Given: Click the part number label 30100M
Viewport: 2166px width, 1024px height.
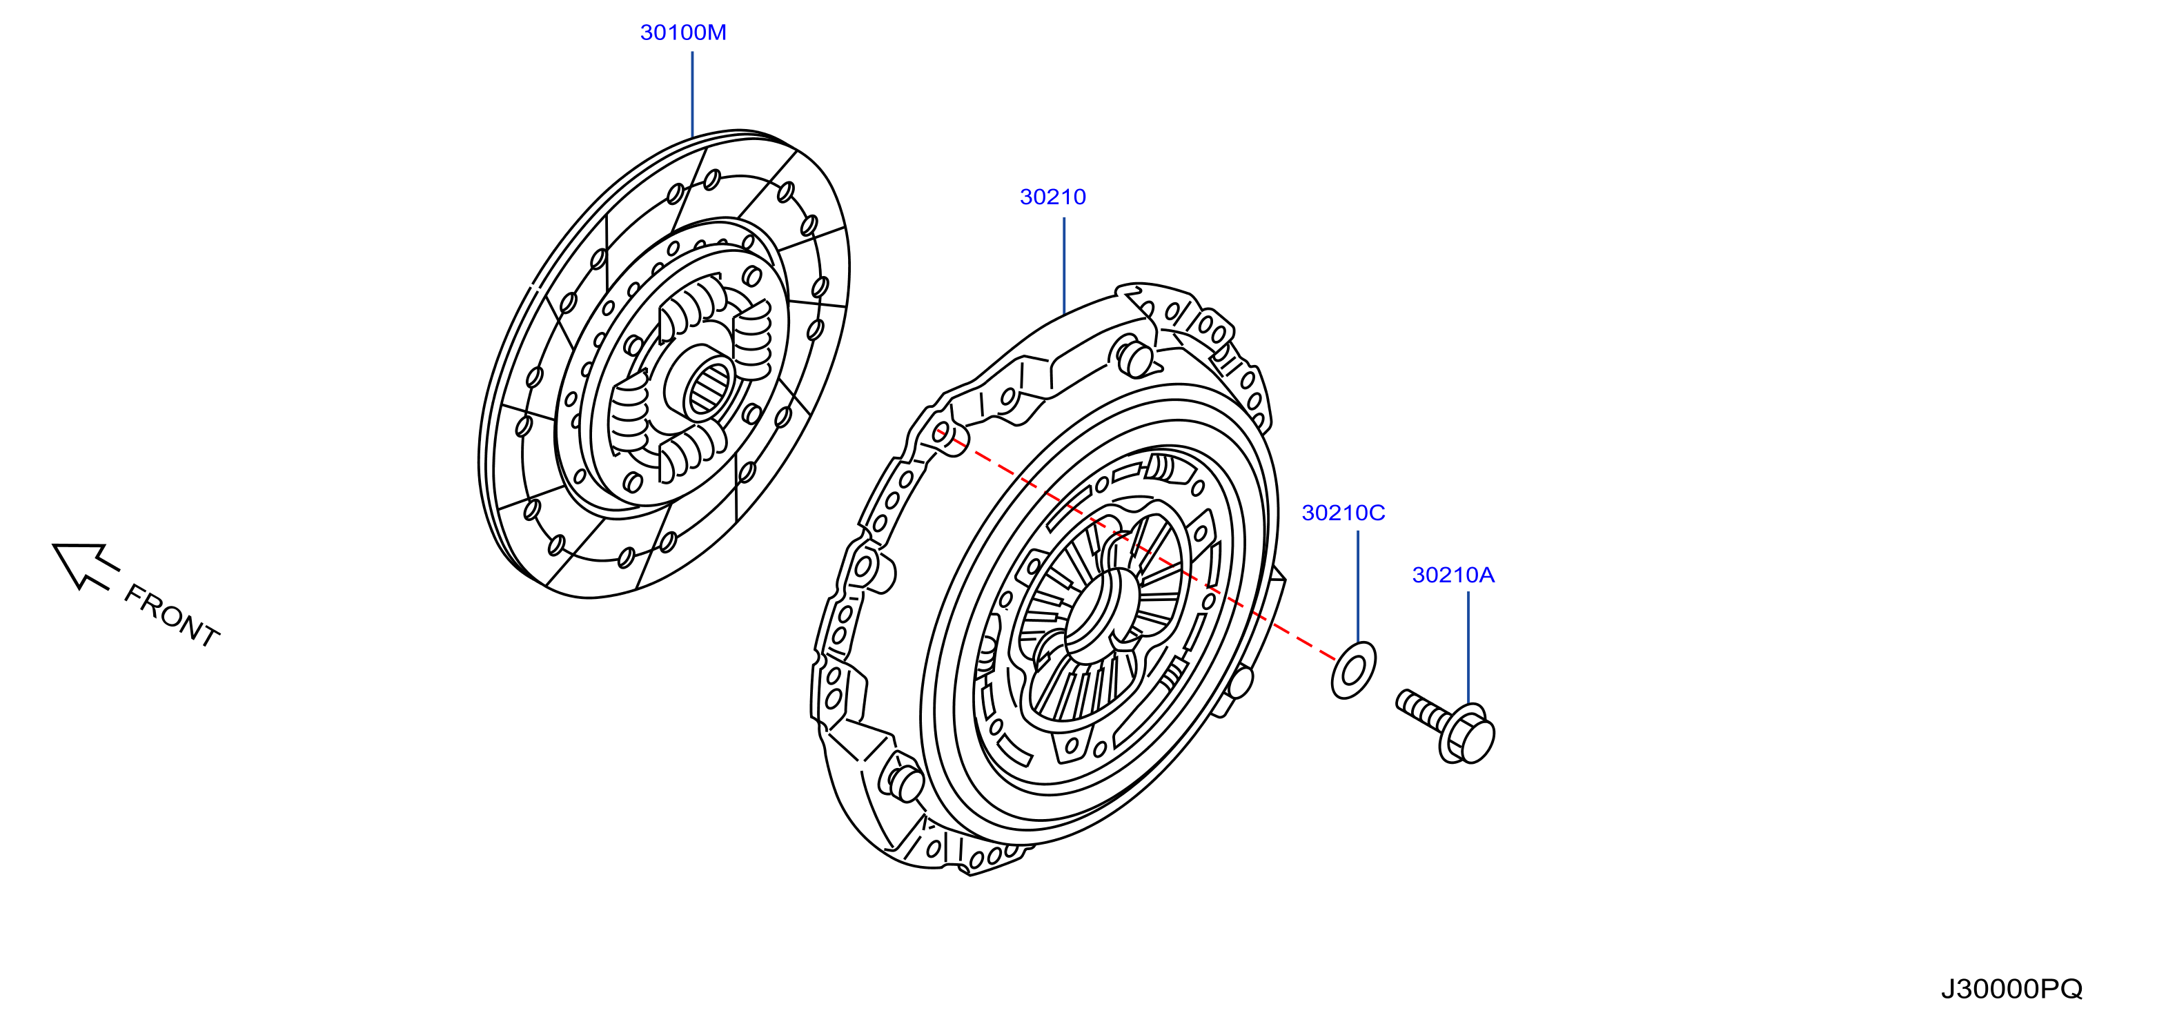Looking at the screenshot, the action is coord(682,32).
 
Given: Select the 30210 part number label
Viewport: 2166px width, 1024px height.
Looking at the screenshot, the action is coord(1053,197).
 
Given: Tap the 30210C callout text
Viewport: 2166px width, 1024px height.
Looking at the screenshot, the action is coord(1343,513).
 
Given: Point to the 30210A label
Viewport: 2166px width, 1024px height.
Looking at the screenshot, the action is coord(1453,575).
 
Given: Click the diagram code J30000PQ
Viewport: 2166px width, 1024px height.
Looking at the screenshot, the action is coord(2011,989).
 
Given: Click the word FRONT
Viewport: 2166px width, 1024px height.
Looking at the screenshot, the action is coord(172,616).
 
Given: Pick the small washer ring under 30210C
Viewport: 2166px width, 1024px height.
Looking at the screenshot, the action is coord(1354,670).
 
